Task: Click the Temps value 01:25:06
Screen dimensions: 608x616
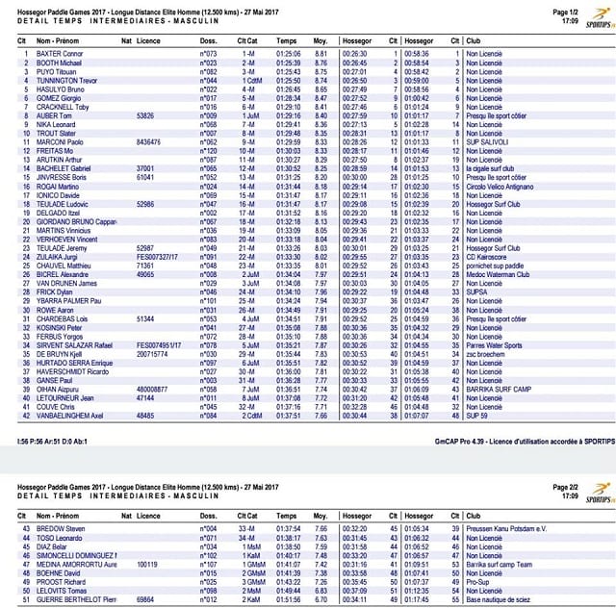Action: (x=288, y=53)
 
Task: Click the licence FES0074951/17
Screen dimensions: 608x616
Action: (x=157, y=344)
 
